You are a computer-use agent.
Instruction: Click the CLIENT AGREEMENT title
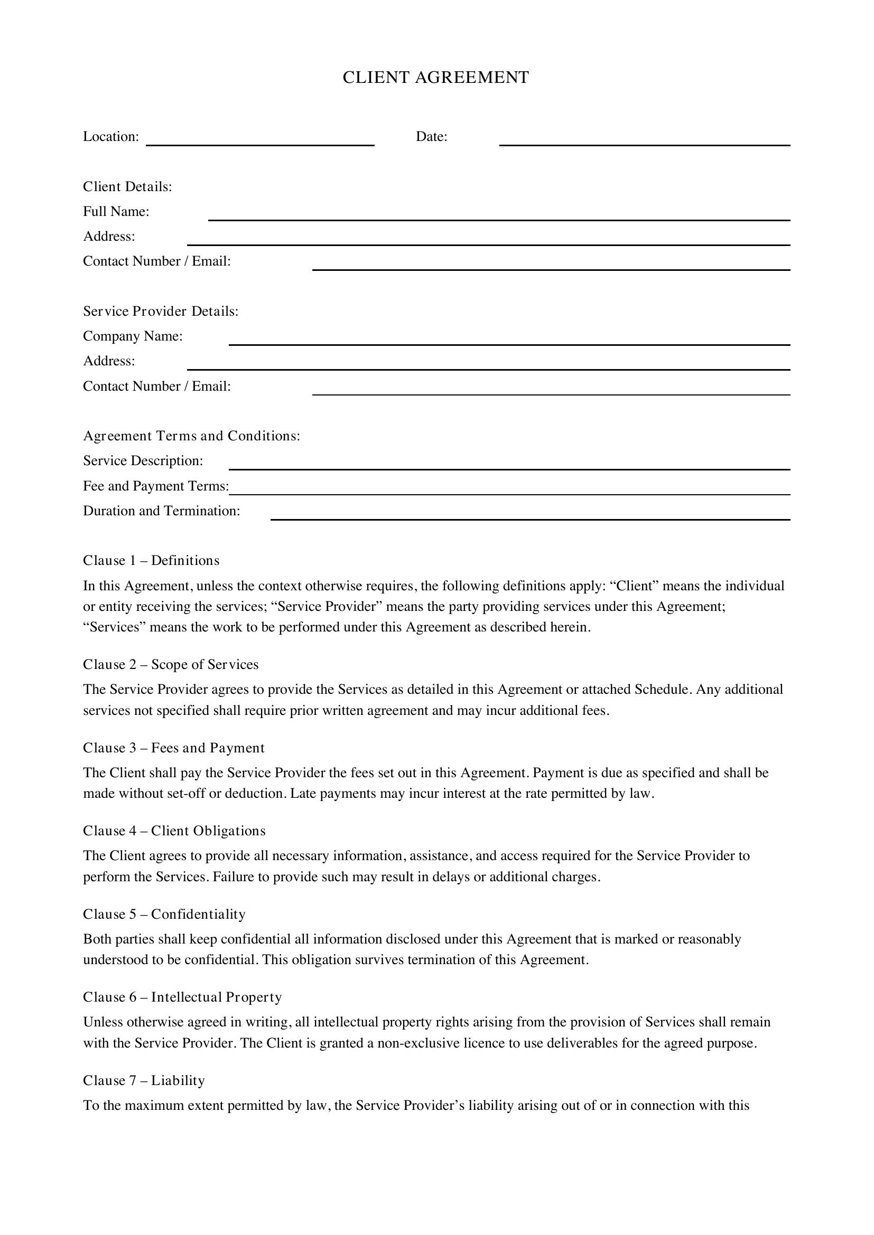pos(436,78)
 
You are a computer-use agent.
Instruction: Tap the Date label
pos(432,137)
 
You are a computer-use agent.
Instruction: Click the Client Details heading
pos(127,186)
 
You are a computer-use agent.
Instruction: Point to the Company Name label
pos(133,336)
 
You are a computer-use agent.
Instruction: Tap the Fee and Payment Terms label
pos(156,486)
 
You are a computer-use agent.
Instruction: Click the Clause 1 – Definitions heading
pos(151,561)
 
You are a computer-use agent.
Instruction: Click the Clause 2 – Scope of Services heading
pos(171,665)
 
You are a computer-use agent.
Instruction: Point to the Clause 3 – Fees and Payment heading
pos(174,748)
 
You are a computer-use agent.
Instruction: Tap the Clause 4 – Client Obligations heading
pos(174,831)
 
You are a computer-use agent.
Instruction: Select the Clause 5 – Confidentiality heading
pos(164,915)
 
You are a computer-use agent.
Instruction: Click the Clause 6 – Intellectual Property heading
pos(182,997)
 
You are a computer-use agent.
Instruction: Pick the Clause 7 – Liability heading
pos(144,1081)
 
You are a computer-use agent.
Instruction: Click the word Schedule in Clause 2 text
pos(663,690)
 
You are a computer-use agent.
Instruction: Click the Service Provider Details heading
pos(161,312)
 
